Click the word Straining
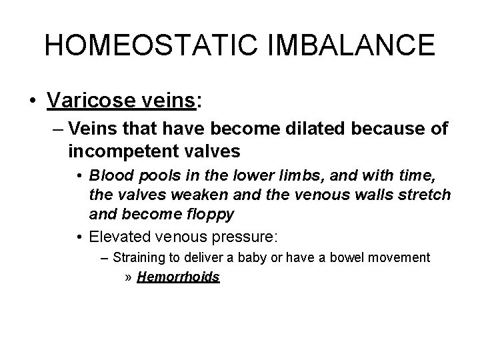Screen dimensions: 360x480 click(138, 257)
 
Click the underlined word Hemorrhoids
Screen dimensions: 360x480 click(178, 277)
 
